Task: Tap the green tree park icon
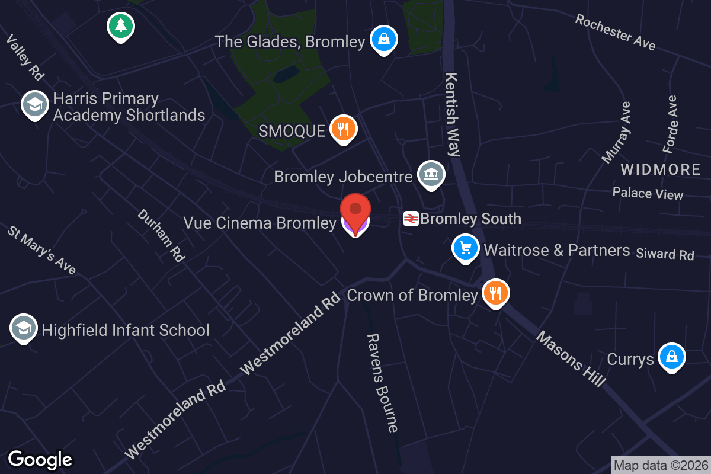tap(121, 25)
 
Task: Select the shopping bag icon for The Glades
tap(383, 40)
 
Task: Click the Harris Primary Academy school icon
tap(35, 105)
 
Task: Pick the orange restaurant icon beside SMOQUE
tap(343, 129)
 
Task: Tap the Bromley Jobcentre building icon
tap(431, 174)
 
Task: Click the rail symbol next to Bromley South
tap(411, 219)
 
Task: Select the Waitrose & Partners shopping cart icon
tap(466, 248)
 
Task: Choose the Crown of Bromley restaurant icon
tap(495, 293)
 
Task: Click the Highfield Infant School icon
tap(24, 328)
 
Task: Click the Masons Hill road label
tap(571, 359)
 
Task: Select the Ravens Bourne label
tap(382, 383)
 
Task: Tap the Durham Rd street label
tap(161, 235)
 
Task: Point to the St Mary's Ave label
tap(42, 249)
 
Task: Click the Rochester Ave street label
tap(615, 32)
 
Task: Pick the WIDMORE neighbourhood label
tap(661, 170)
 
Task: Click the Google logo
tap(40, 459)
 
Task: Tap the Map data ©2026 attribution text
tap(660, 465)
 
